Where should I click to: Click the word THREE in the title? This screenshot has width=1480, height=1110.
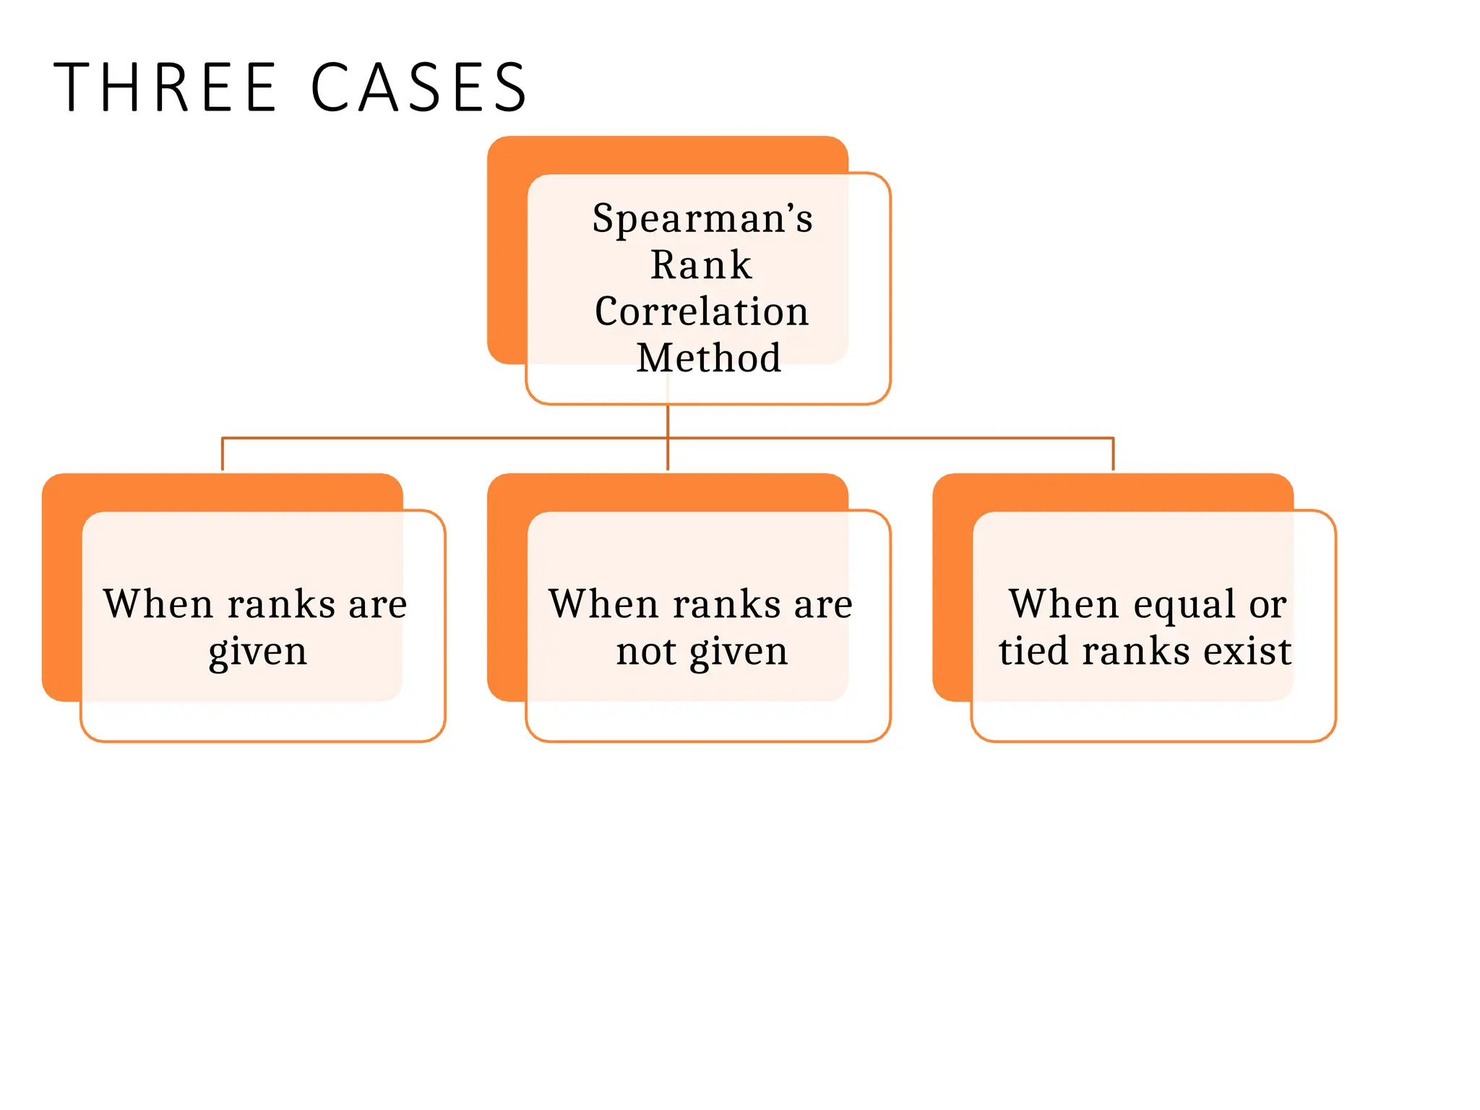[165, 87]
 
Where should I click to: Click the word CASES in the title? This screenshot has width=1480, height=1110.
[419, 87]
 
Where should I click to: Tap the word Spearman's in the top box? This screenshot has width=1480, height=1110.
[702, 218]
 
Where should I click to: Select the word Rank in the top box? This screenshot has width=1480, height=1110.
[701, 264]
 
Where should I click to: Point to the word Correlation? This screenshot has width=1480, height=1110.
[701, 311]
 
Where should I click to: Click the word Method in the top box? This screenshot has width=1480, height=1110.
[708, 358]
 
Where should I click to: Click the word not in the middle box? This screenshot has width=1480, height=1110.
[646, 652]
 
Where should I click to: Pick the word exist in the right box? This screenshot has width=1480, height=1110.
[1247, 651]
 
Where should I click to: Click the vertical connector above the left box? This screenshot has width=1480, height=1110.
[223, 454]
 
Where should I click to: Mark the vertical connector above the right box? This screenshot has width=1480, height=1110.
[1113, 454]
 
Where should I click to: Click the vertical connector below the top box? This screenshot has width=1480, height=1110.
[668, 421]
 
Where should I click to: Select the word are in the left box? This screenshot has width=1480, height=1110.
[378, 606]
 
